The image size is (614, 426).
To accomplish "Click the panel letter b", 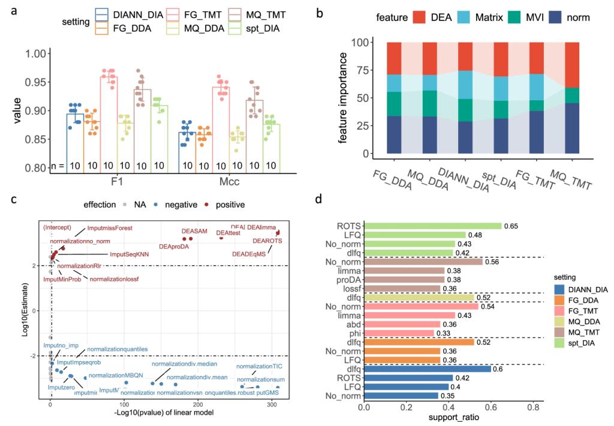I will click(321, 11).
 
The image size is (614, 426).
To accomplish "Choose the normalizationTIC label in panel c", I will click(255, 366).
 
